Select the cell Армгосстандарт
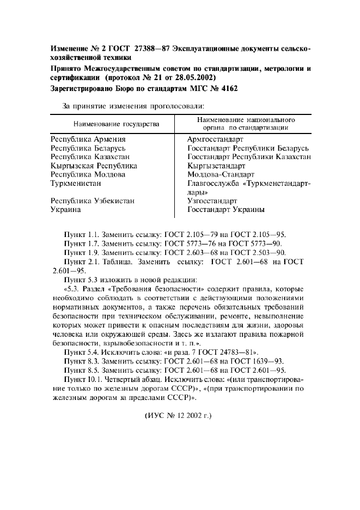[216, 139]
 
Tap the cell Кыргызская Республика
[93, 166]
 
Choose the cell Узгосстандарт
[212, 201]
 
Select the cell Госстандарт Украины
[226, 209]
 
